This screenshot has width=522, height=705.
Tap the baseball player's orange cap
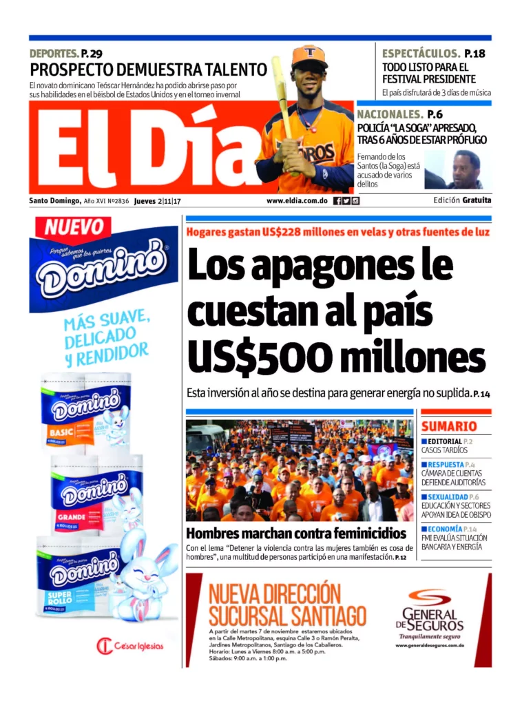(x=309, y=56)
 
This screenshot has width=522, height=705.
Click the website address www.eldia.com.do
(x=296, y=201)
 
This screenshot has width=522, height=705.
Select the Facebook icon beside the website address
(x=337, y=201)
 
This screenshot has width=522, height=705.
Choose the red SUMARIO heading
(x=449, y=426)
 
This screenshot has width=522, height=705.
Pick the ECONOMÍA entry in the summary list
(x=448, y=529)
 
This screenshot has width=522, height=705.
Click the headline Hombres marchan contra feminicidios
(x=296, y=533)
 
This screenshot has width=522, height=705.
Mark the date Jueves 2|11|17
(x=157, y=201)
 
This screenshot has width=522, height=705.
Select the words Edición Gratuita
(x=462, y=201)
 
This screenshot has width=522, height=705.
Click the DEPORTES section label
(x=54, y=54)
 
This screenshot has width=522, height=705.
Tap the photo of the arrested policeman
(x=459, y=170)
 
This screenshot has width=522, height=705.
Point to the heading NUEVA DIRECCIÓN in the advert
(x=265, y=593)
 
